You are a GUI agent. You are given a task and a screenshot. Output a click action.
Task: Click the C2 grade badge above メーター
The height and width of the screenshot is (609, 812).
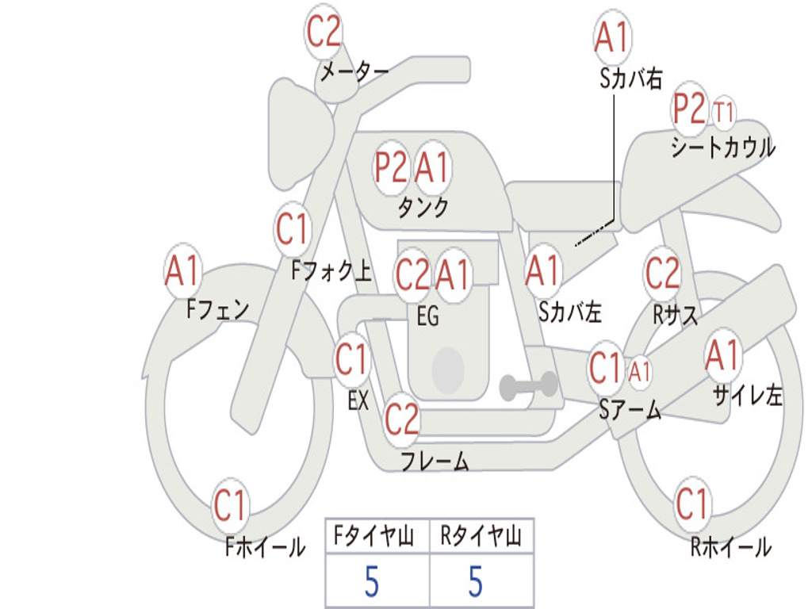324,32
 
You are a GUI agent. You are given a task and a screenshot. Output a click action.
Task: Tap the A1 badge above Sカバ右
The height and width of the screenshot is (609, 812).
612,37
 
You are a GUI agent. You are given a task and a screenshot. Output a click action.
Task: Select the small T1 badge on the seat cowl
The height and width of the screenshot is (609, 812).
723,112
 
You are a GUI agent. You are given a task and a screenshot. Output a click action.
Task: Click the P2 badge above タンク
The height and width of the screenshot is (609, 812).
391,168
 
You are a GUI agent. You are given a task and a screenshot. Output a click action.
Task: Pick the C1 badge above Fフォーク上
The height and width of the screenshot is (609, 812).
292,229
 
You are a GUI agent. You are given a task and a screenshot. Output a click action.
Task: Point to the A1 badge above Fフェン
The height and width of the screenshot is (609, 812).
182,270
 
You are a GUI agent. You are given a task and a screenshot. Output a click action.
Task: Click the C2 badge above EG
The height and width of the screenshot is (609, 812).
412,274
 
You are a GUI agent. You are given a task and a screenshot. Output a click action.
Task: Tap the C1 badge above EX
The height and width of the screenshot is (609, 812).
351,359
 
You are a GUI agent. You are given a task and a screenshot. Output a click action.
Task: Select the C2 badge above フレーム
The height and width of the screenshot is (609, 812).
401,419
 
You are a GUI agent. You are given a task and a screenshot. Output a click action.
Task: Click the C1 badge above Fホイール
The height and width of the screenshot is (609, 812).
229,505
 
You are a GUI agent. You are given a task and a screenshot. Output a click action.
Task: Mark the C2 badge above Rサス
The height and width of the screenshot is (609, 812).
662,273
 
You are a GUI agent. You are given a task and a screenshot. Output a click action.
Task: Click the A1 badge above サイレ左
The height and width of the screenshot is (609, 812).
723,356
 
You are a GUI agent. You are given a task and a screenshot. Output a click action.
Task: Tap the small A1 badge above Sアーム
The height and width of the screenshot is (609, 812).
639,371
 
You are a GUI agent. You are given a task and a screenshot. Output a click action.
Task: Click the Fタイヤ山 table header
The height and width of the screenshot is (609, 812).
374,536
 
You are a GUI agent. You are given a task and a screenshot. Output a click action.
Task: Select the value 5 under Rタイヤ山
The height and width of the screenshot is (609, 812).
476,581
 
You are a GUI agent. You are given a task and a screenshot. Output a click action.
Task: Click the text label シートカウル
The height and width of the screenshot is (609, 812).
723,147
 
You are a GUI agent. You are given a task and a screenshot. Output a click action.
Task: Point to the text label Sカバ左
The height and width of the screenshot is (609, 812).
569,312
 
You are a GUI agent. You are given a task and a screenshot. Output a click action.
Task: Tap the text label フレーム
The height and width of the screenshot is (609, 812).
435,461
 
